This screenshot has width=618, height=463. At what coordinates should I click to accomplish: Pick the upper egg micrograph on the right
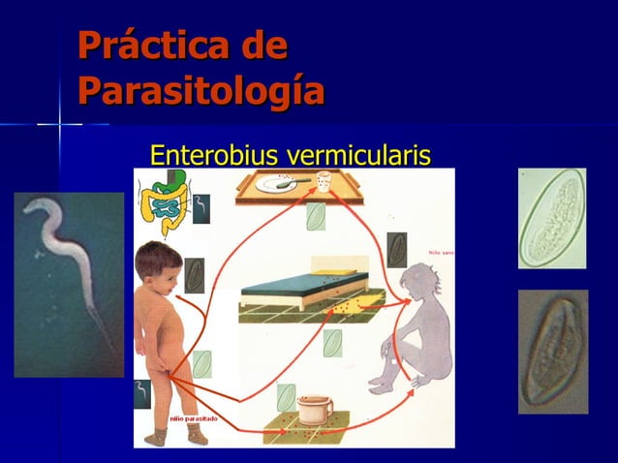551,218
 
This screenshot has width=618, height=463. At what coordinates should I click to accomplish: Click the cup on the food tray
324,181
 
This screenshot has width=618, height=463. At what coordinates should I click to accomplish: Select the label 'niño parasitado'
194,418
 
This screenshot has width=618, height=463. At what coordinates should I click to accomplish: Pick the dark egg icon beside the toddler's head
194,273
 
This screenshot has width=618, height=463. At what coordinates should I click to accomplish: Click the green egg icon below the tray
316,216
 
